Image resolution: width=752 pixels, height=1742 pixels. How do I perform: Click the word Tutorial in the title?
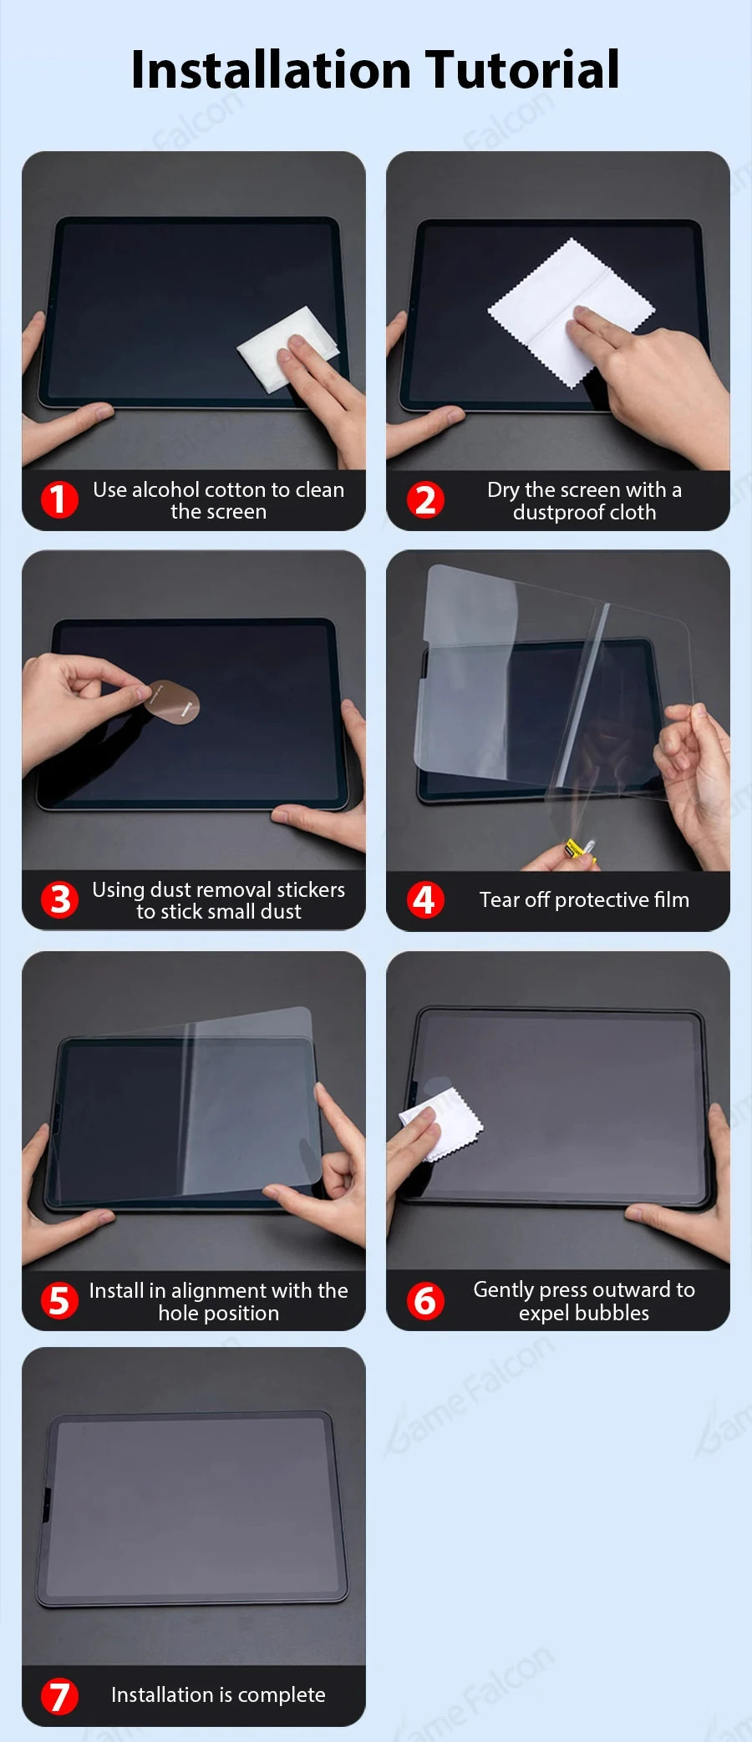click(522, 69)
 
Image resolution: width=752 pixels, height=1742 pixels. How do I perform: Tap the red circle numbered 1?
click(59, 499)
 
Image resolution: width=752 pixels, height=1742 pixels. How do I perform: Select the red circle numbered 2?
click(425, 499)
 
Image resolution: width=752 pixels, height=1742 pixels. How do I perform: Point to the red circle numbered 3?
click(59, 900)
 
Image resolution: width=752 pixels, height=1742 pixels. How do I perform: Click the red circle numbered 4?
click(424, 900)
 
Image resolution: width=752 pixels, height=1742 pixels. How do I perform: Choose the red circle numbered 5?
click(59, 1301)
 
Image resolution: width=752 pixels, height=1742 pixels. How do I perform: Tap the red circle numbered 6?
click(424, 1301)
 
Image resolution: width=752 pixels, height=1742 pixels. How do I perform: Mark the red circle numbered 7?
click(59, 1696)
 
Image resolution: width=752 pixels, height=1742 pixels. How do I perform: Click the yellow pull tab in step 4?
click(576, 850)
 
